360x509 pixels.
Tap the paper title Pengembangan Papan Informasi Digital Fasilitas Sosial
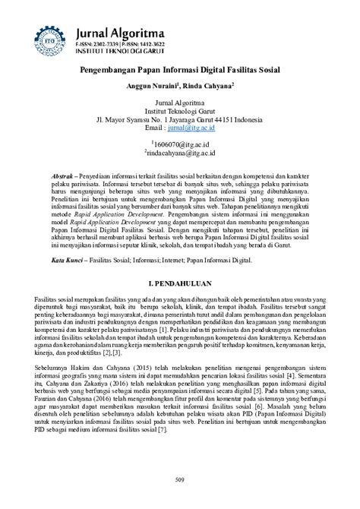tap(180, 69)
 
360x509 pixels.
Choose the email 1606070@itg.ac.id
tap(179, 143)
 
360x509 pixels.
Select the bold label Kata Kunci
tap(73, 260)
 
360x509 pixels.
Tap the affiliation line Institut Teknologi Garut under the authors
tap(179, 110)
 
